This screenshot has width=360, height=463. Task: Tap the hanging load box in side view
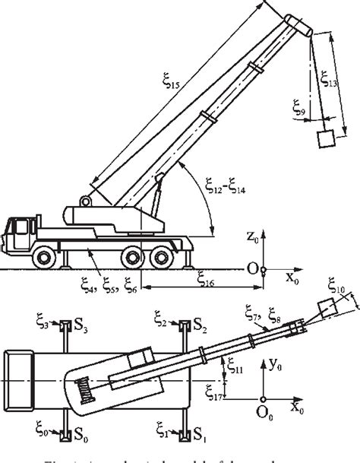(325, 138)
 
